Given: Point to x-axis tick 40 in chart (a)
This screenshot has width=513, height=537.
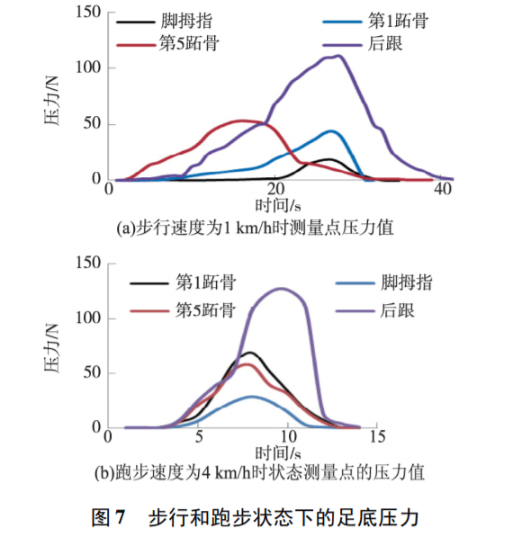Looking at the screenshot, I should (443, 191).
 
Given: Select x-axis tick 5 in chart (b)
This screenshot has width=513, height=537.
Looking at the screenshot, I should (198, 438).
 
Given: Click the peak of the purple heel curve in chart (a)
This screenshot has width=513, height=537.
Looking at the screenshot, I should (337, 56).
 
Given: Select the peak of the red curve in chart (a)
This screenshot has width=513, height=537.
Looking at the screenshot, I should (240, 120).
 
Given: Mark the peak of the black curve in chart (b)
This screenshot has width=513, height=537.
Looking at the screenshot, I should (250, 353).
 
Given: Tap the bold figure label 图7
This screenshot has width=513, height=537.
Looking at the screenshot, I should (113, 517).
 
